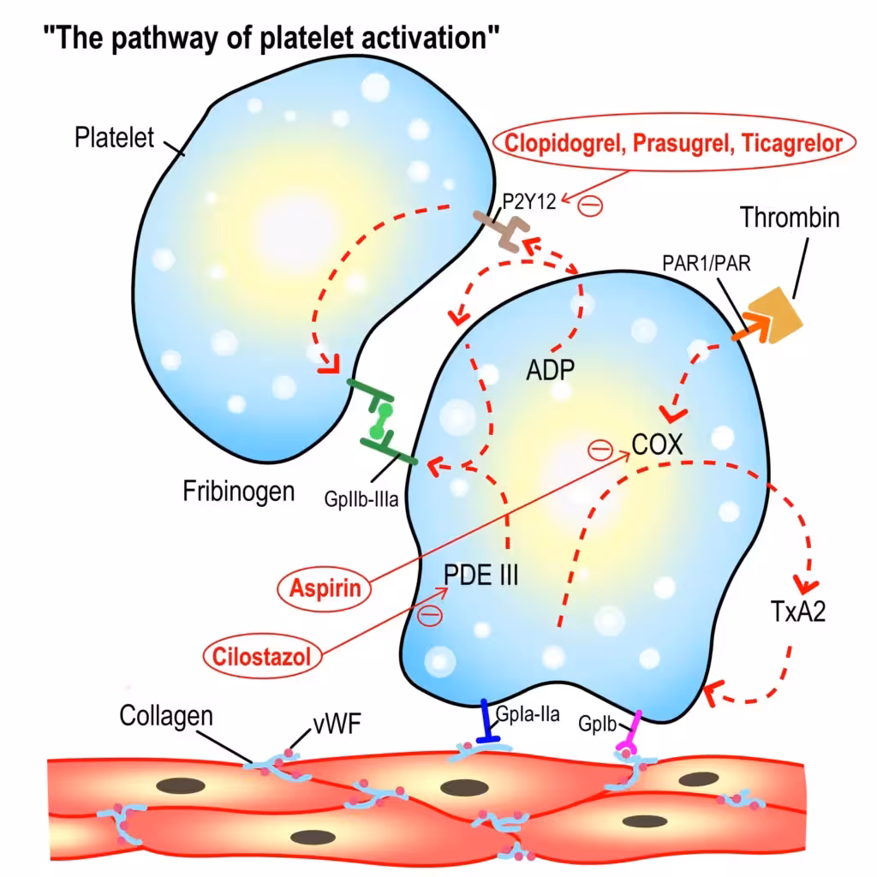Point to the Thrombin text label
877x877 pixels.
tap(790, 218)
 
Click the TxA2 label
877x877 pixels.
tap(797, 612)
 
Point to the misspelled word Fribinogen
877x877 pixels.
tap(239, 491)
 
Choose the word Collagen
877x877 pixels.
tap(166, 715)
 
